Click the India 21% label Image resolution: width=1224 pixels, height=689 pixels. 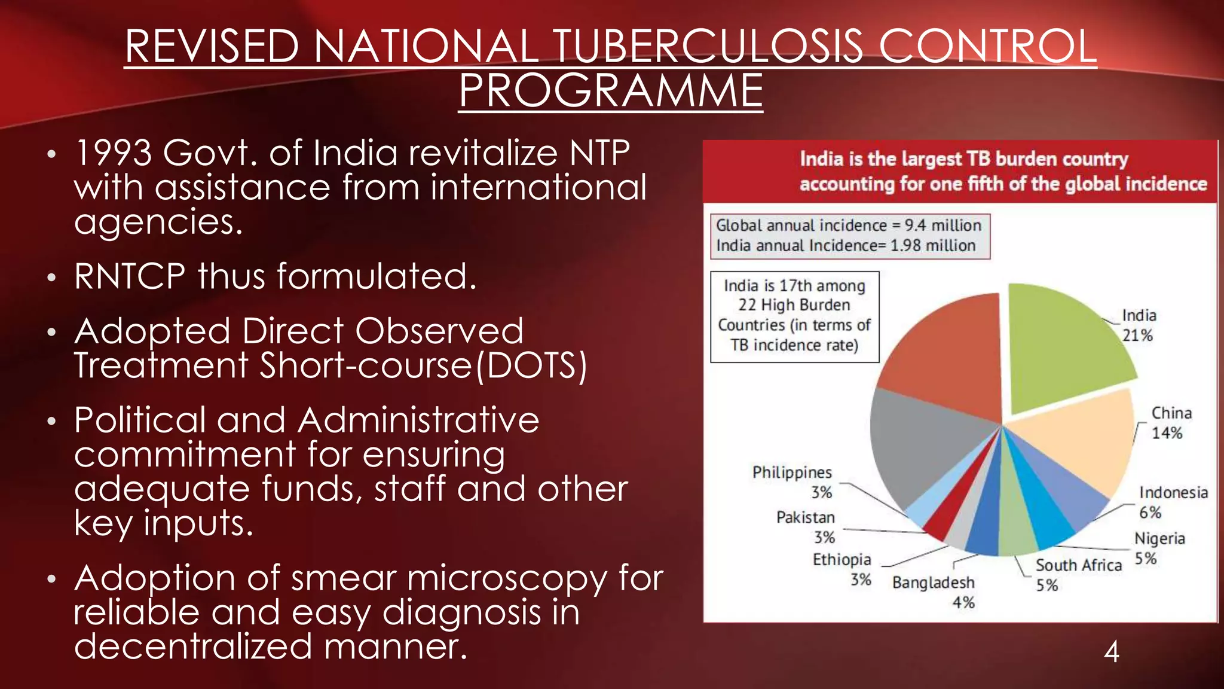[1139, 325]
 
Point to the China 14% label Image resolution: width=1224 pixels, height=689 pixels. [1170, 423]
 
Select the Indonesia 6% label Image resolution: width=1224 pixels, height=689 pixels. [1173, 502]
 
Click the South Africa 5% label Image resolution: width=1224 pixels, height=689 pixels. [1078, 575]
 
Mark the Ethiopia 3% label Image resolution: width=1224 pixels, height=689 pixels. [842, 569]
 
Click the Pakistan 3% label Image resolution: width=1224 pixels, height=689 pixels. [806, 527]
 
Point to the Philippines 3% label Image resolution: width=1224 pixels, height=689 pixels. [792, 482]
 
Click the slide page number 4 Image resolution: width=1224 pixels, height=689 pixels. [1111, 651]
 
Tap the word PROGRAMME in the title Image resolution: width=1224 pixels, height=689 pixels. [611, 91]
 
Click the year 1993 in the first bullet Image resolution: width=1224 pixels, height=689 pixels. [113, 153]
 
